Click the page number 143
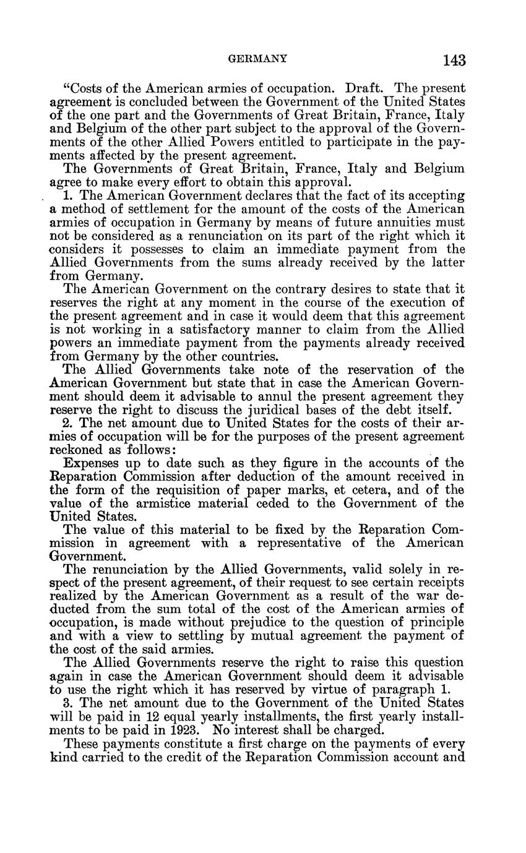tap(454, 61)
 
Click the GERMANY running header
tap(258, 59)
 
